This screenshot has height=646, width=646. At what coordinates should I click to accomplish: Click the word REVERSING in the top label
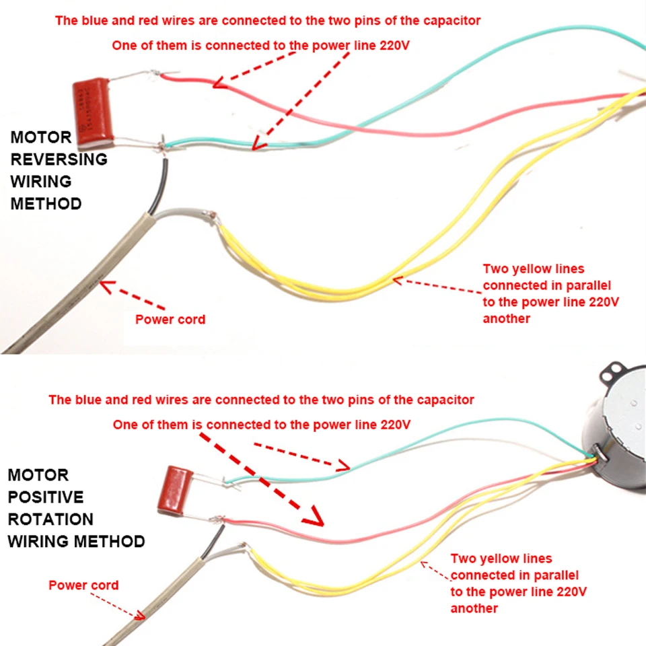tap(59, 159)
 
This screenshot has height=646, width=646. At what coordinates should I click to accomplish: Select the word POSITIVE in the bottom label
tap(46, 497)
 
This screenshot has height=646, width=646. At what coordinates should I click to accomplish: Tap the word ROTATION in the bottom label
tap(50, 519)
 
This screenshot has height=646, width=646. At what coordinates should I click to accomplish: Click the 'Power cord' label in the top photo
tap(170, 319)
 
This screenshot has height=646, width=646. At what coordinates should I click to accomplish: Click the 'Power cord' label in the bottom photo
tap(83, 585)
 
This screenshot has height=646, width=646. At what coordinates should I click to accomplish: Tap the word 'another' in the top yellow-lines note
tap(506, 318)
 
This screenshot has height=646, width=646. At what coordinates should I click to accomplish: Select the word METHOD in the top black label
tap(46, 203)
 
